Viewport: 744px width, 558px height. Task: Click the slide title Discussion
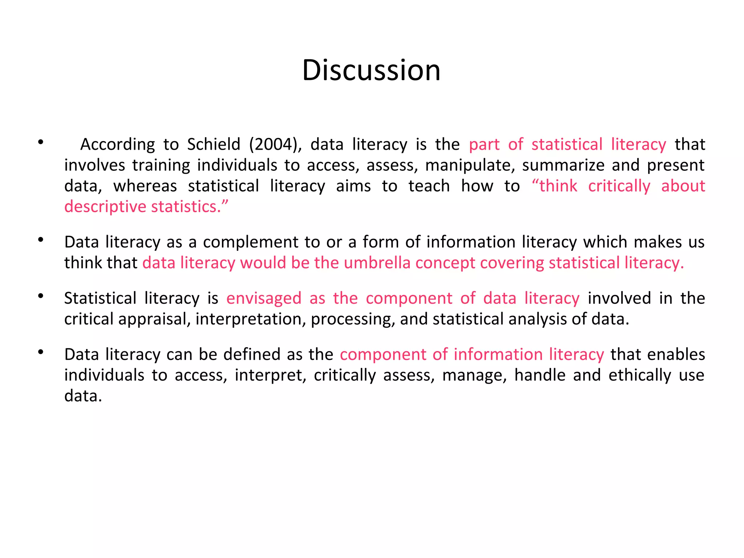pyautogui.click(x=371, y=70)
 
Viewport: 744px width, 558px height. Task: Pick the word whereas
pyautogui.click(x=145, y=186)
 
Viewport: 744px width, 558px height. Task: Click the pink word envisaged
pyautogui.click(x=264, y=299)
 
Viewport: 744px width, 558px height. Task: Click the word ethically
pyautogui.click(x=640, y=375)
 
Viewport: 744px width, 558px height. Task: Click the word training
pyautogui.click(x=161, y=166)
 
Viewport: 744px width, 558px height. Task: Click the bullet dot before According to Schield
pyautogui.click(x=41, y=142)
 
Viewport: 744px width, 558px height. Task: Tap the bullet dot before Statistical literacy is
pyautogui.click(x=41, y=296)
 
